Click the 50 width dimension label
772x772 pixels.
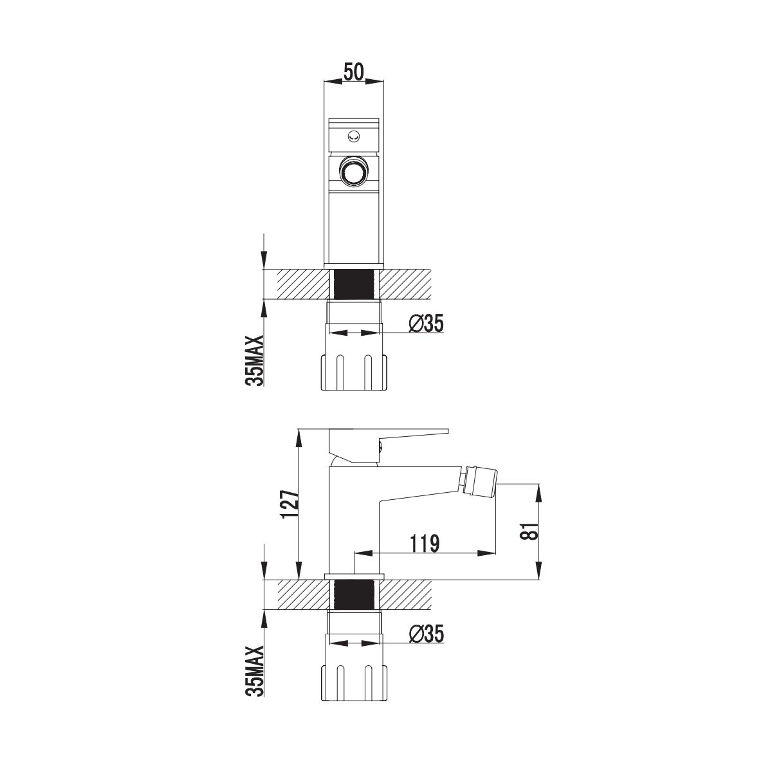pyautogui.click(x=354, y=72)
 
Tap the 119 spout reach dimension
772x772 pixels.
pyautogui.click(x=425, y=543)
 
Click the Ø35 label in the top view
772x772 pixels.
pyautogui.click(x=427, y=324)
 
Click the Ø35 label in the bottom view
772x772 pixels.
pyautogui.click(x=427, y=634)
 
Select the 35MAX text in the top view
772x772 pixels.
pyautogui.click(x=255, y=360)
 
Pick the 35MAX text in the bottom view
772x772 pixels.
pyautogui.click(x=255, y=671)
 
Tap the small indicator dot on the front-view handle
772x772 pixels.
pyautogui.click(x=354, y=136)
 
